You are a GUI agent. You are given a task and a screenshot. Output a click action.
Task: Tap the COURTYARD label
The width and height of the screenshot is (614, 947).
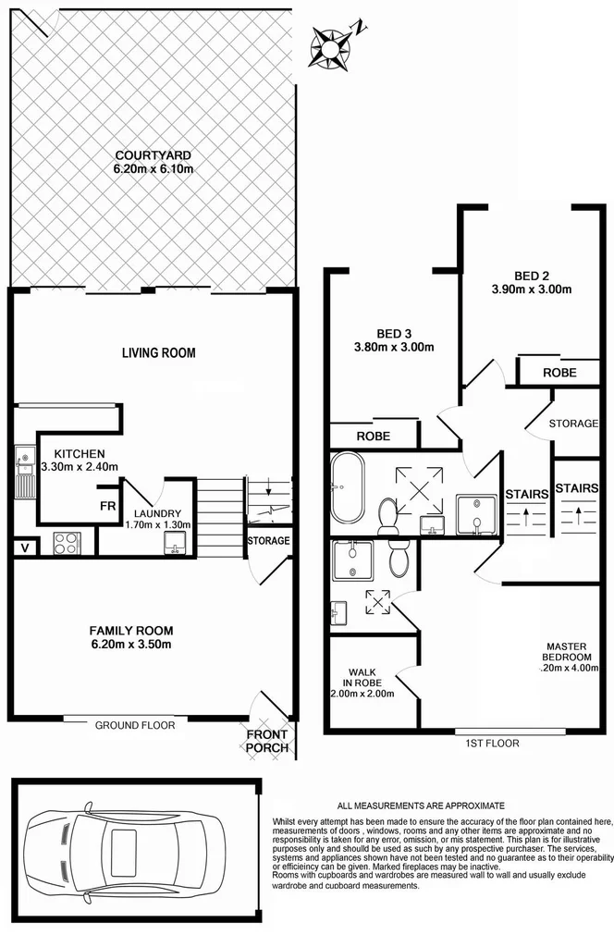[x=153, y=155]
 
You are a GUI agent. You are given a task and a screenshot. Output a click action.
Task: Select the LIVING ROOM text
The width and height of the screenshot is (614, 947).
[x=159, y=352]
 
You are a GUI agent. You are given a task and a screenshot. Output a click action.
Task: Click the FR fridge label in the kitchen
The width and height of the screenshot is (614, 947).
[x=108, y=506]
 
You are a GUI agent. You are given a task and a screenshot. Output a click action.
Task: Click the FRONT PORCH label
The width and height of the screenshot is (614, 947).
[x=267, y=741]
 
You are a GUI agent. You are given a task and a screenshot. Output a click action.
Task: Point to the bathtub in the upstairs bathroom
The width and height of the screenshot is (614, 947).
[x=349, y=485]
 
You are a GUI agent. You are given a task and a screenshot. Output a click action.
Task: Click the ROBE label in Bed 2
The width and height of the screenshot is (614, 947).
[x=559, y=373]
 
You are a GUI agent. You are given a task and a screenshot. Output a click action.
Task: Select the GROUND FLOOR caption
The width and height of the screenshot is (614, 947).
[x=135, y=725]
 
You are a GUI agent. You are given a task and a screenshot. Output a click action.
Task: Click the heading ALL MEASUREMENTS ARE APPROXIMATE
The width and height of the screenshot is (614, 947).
[x=421, y=806]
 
